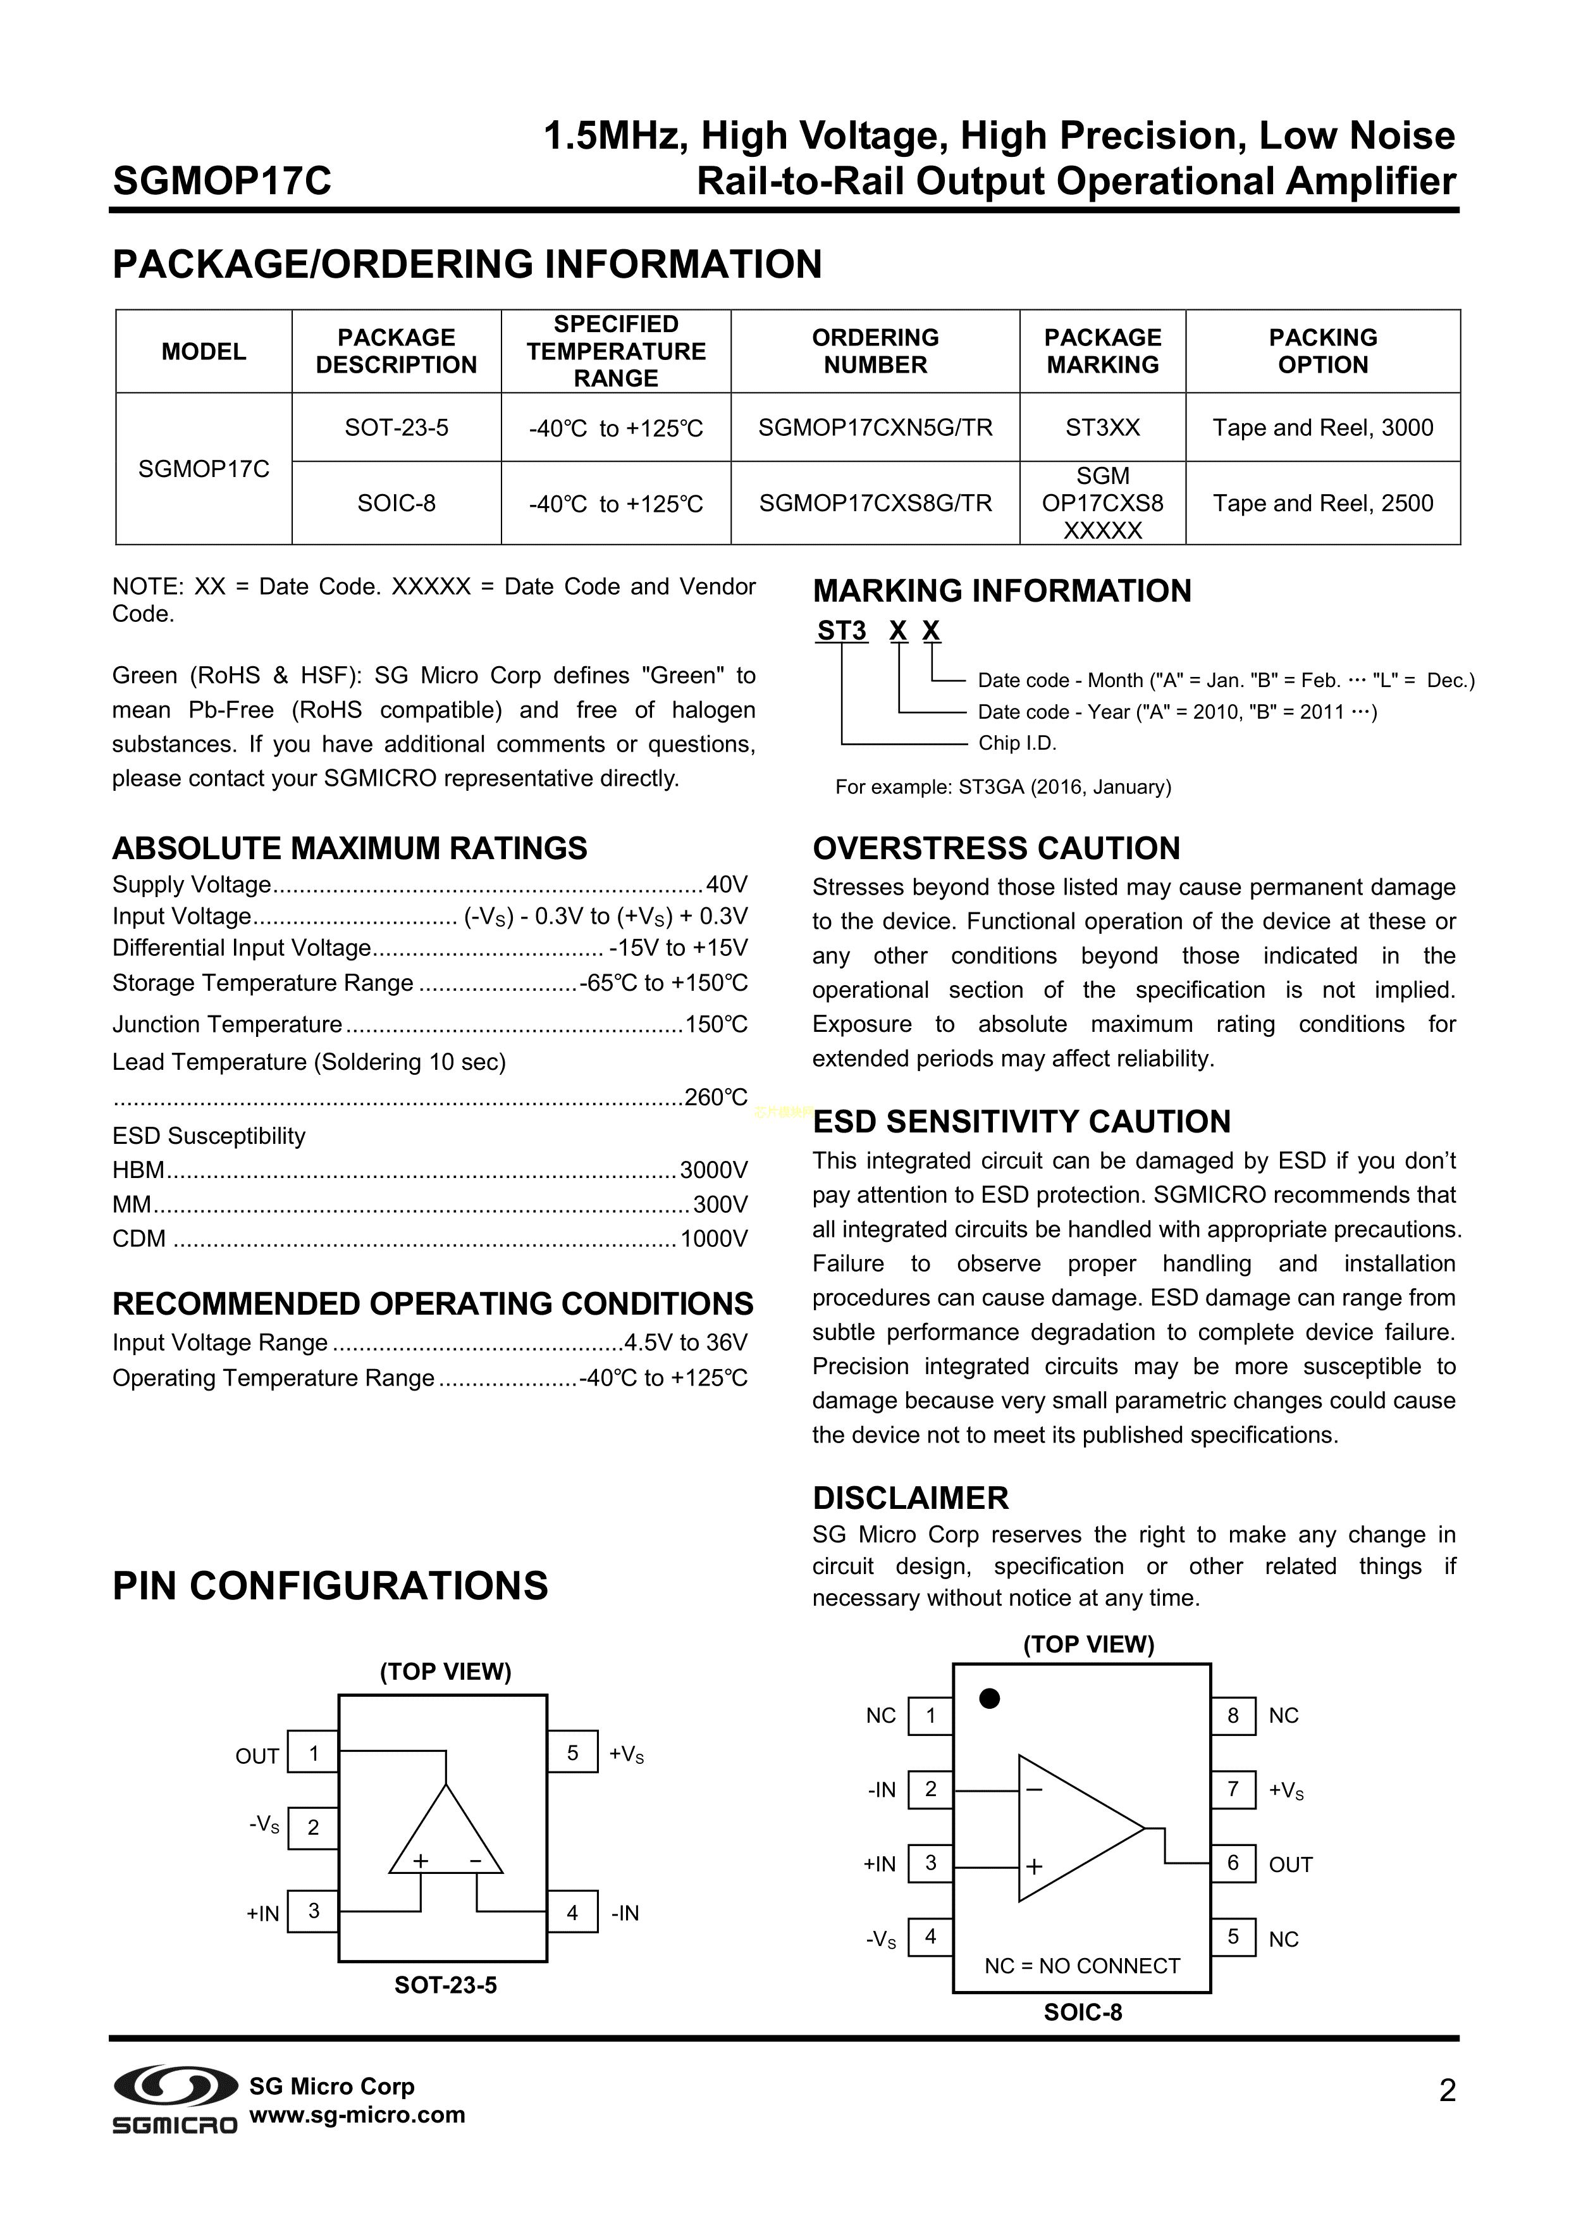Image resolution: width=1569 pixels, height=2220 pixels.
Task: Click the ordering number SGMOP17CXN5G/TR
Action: [x=875, y=428]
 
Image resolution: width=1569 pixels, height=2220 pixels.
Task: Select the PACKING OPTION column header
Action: [x=1322, y=351]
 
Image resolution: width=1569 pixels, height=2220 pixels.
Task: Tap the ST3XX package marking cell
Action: [x=1102, y=428]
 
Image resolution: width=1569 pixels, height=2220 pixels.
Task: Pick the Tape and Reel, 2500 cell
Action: [x=1322, y=503]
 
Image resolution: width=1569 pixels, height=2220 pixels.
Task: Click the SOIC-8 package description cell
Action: [x=397, y=503]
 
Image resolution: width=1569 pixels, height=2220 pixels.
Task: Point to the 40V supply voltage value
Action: [x=727, y=884]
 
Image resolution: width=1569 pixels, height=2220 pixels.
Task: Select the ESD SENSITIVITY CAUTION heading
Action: [x=1021, y=1122]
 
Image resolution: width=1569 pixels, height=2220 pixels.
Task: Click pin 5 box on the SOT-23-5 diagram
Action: [x=572, y=1753]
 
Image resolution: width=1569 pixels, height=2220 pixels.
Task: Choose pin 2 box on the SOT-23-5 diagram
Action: [x=313, y=1828]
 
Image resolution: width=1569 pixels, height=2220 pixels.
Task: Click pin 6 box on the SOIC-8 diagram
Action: [x=1233, y=1863]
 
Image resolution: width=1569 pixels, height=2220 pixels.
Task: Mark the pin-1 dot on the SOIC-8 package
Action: [x=989, y=1699]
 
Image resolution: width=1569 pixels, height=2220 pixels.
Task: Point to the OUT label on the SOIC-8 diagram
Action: [x=1291, y=1865]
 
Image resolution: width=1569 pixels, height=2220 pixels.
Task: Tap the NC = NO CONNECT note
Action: [x=1082, y=1966]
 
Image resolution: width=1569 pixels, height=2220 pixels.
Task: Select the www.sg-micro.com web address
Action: [x=358, y=2114]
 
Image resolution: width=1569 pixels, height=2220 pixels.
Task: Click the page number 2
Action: [x=1447, y=2092]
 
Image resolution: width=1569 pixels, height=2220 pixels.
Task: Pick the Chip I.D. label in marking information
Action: [x=1017, y=743]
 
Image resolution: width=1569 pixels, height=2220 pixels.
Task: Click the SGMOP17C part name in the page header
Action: [x=223, y=181]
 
